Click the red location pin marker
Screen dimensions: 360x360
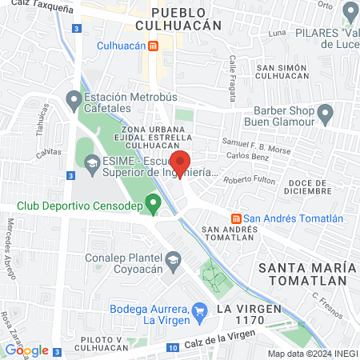point(181,164)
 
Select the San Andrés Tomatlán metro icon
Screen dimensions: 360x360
point(236,218)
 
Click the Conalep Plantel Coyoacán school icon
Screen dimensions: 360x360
point(172,260)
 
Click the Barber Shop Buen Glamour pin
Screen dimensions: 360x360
point(324,114)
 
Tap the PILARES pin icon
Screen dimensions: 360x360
point(349,13)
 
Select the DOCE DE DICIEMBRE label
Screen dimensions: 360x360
point(307,186)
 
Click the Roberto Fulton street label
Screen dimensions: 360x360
point(249,180)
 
